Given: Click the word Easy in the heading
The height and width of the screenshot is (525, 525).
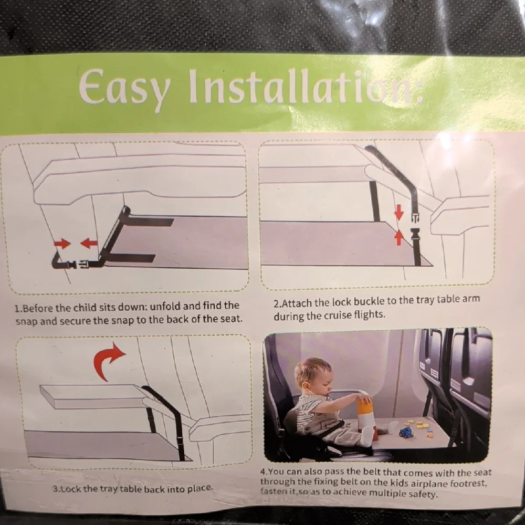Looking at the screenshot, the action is [124, 88].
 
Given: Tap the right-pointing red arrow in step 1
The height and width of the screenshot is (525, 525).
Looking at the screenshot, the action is [62, 244].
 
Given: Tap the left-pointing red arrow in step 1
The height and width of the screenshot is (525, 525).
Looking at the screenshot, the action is [89, 243].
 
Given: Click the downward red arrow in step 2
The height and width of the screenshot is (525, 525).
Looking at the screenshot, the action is [398, 212].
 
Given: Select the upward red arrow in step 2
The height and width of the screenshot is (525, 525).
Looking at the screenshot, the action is [398, 238].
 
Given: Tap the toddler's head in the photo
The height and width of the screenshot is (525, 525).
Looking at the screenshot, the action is [313, 374].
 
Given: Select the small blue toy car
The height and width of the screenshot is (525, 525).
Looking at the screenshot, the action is [406, 432].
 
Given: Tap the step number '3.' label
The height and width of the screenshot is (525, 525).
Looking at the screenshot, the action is [57, 488].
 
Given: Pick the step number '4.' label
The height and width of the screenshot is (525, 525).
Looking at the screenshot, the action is [264, 472].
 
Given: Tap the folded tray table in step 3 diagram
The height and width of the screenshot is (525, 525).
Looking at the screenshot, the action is [90, 396].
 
